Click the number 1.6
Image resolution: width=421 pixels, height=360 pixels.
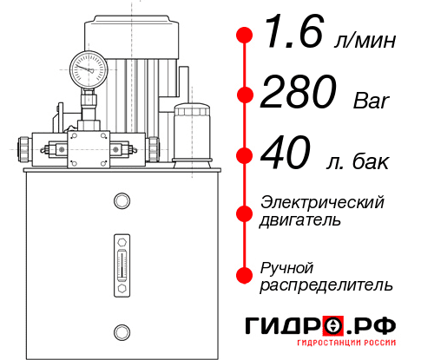(x=293, y=37)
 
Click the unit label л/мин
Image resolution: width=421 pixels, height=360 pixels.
(x=364, y=41)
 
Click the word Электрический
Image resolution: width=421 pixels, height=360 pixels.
(x=323, y=203)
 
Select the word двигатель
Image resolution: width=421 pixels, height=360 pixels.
(x=300, y=220)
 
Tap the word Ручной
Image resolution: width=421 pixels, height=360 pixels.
(x=287, y=266)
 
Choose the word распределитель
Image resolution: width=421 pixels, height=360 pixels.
(x=326, y=284)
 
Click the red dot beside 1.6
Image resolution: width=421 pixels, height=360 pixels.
(x=245, y=36)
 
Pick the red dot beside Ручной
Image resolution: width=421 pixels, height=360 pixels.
(x=245, y=275)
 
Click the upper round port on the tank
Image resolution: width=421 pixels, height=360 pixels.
(x=122, y=202)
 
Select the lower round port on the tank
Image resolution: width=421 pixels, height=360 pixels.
(x=122, y=330)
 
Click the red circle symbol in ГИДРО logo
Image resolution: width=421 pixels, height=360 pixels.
(x=332, y=326)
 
